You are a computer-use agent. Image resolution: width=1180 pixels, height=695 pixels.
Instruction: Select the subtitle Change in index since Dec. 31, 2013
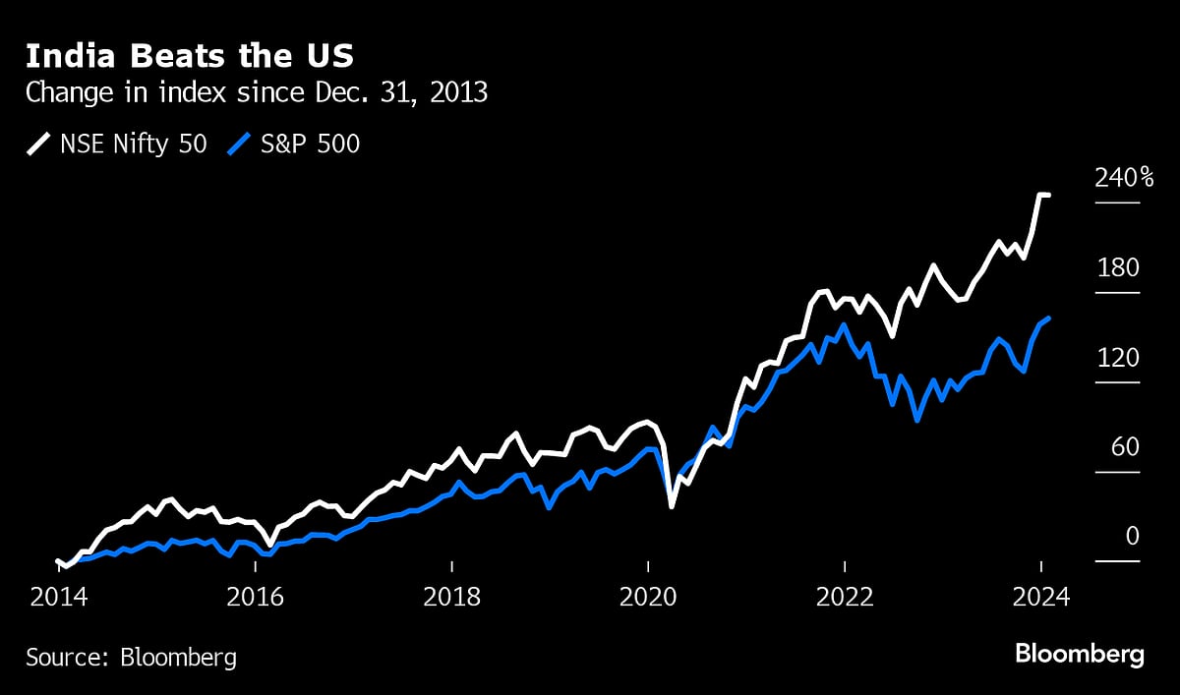tap(257, 93)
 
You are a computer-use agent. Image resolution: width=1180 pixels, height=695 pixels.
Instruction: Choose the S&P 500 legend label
tap(311, 145)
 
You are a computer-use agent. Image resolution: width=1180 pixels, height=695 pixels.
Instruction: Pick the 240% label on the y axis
tap(1125, 178)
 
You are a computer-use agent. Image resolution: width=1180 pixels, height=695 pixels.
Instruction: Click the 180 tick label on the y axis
tap(1119, 268)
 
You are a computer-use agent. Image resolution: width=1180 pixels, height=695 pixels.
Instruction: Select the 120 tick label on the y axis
tap(1119, 358)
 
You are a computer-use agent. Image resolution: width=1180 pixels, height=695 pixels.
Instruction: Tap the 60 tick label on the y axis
tap(1125, 447)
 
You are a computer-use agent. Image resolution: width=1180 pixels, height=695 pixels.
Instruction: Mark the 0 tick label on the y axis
tap(1132, 537)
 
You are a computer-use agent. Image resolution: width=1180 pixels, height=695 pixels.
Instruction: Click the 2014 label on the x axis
tap(58, 597)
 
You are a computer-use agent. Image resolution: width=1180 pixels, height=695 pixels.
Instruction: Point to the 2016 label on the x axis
tap(255, 597)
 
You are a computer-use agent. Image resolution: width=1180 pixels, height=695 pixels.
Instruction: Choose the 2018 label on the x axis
tap(451, 597)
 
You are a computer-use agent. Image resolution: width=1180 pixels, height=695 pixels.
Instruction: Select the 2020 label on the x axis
tap(648, 597)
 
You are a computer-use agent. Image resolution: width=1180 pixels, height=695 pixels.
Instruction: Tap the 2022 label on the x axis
tap(845, 597)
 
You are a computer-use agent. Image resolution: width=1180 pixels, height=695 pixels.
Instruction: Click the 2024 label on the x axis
tap(1040, 597)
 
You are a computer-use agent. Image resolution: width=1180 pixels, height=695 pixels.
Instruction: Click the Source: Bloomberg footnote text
tap(131, 657)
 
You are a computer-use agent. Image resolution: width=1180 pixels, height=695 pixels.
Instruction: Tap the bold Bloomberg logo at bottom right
tap(1079, 655)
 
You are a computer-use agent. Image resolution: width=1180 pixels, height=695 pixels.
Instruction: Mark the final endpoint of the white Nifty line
tap(1048, 196)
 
